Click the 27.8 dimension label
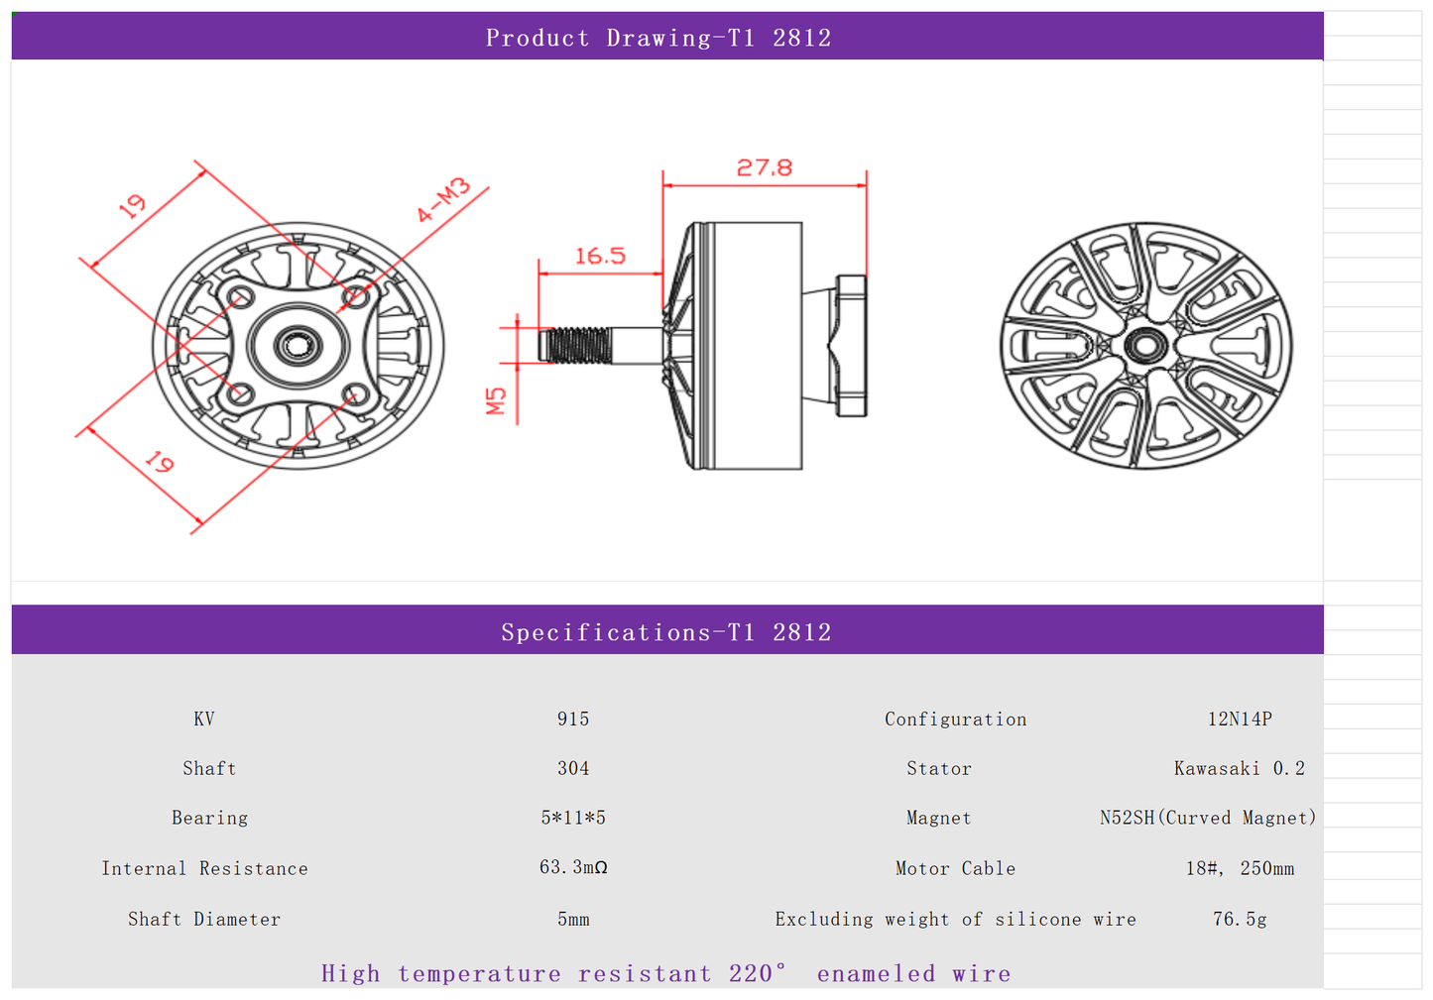pos(764,167)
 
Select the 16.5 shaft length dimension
pos(600,256)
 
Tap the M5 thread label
pos(497,400)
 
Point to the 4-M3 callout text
pos(442,200)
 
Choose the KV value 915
pos(573,719)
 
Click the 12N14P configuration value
pos(1240,719)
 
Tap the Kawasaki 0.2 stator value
pos(1240,768)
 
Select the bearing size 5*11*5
pos(573,818)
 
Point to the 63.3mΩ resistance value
pos(573,867)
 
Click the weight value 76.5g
pos(1240,919)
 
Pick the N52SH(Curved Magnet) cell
pos(1208,818)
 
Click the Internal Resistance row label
pos(204,868)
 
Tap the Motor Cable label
pos(955,868)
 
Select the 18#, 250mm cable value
pos(1240,868)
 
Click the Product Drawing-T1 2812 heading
pos(658,38)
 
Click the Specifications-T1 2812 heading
pos(665,632)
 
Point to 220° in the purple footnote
pos(758,973)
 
